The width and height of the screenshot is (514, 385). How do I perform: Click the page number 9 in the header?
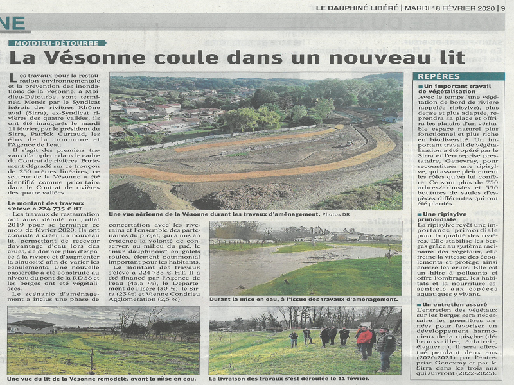(503, 8)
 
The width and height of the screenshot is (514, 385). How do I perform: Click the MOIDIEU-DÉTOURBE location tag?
(58, 43)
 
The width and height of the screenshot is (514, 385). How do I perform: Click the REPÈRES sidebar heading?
(439, 76)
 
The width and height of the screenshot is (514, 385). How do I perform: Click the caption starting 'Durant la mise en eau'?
(302, 299)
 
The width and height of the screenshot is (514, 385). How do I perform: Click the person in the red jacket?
(364, 339)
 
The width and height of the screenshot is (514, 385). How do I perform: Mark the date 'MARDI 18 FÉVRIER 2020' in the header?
(448, 8)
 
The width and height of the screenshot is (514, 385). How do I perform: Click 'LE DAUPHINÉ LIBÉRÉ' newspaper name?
(357, 8)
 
